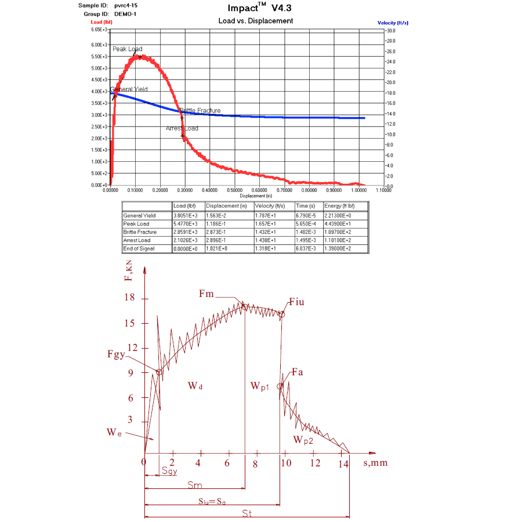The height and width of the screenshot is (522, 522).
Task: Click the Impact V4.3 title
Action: point(255,8)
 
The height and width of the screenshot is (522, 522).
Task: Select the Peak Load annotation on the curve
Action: point(127,49)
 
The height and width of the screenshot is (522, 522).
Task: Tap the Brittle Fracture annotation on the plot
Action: point(200,110)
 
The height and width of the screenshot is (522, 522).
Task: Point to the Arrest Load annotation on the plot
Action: point(182,128)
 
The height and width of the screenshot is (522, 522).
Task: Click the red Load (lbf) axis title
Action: point(101,22)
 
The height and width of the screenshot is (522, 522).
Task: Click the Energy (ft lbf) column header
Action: point(339,206)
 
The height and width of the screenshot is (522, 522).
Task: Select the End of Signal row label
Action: point(139,248)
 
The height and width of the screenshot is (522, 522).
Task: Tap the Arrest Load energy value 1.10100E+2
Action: point(338,240)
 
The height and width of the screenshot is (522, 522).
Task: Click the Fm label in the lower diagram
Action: point(206,294)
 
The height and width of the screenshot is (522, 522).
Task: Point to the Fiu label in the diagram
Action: point(296,302)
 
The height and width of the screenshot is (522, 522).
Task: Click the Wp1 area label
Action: point(260,386)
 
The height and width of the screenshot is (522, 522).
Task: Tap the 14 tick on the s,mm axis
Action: point(343,463)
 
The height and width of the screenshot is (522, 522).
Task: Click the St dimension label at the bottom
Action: point(246,514)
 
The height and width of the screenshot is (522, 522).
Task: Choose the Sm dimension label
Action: point(195,484)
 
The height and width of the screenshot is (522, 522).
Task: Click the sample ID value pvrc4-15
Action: point(126,5)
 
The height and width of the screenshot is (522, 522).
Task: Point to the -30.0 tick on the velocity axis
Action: point(390,30)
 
